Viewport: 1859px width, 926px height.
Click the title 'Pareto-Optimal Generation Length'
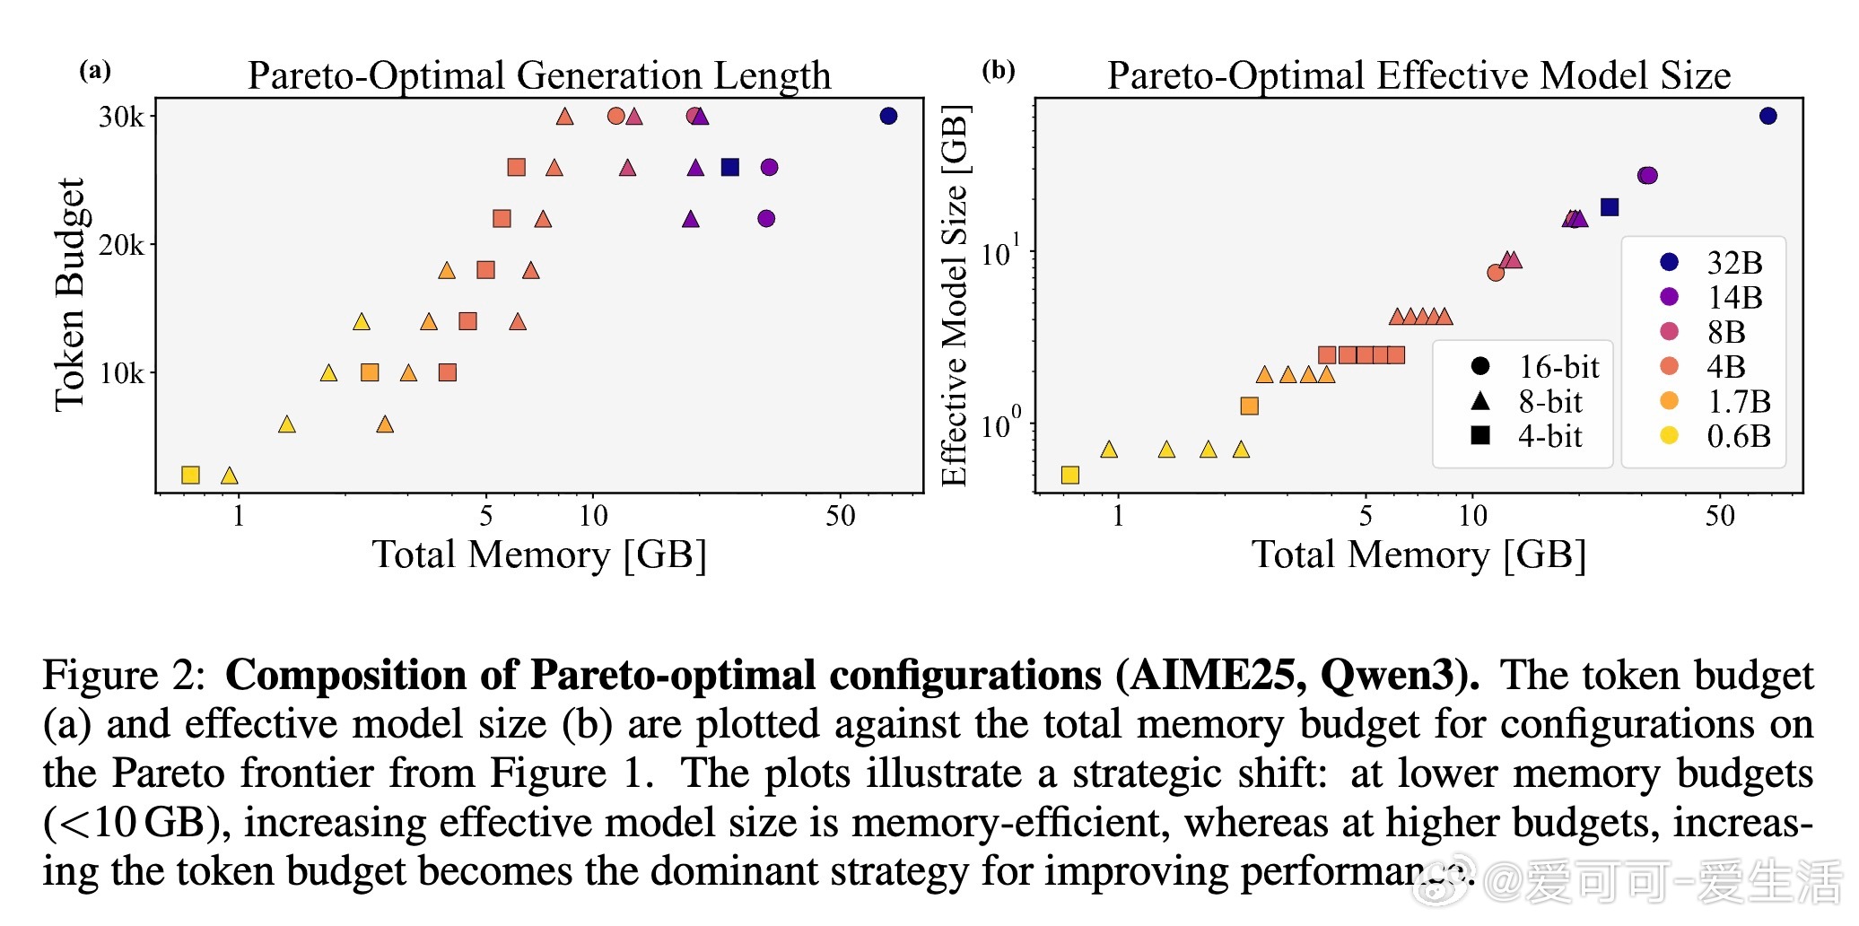coord(539,75)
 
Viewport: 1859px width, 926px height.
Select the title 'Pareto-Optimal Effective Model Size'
coord(1418,75)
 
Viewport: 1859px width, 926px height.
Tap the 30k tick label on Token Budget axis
coord(121,117)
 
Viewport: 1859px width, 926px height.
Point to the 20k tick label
coord(121,245)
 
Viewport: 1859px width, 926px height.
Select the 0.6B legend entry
coord(1738,436)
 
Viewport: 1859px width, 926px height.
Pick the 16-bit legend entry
coord(1558,366)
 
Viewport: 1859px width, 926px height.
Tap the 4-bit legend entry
coord(1549,436)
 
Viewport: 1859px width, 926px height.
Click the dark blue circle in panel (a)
coord(888,116)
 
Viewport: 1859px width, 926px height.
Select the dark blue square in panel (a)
coord(730,167)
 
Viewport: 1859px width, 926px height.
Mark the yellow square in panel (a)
coord(190,475)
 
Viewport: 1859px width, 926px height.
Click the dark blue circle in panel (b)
coord(1767,116)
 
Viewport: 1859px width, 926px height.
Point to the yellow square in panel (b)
coord(1069,475)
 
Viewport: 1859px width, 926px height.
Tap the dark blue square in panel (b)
coord(1610,207)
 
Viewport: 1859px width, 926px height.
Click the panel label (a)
coord(95,70)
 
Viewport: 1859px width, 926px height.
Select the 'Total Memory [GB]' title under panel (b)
coord(1418,555)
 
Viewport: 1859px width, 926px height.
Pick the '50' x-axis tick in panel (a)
coord(841,516)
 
